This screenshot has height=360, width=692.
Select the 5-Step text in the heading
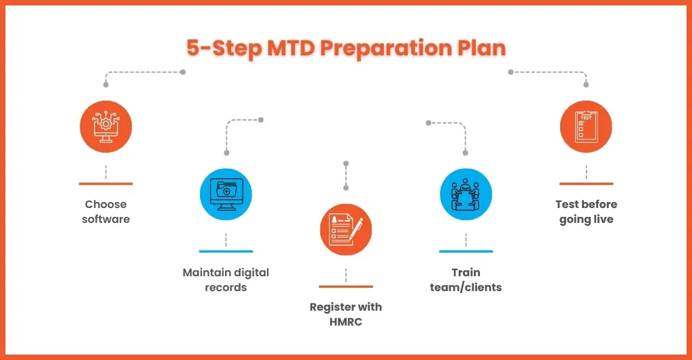224,49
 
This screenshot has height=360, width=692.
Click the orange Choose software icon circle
106,126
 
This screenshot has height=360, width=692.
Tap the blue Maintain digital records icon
226,194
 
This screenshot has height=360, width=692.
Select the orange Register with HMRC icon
346,230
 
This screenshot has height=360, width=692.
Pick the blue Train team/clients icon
466,194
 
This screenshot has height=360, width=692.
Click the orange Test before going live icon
586,126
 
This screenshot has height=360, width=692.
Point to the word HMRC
346,322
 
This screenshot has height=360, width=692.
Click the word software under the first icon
106,220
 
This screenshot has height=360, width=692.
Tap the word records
226,288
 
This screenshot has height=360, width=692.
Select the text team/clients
466,288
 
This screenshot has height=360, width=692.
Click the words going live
586,220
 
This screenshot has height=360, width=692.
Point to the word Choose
106,204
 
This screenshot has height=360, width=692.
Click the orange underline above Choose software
106,184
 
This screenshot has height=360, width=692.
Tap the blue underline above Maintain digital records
226,251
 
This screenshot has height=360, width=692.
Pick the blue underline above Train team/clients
466,251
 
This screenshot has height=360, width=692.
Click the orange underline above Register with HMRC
346,287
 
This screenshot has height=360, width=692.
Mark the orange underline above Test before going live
586,184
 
